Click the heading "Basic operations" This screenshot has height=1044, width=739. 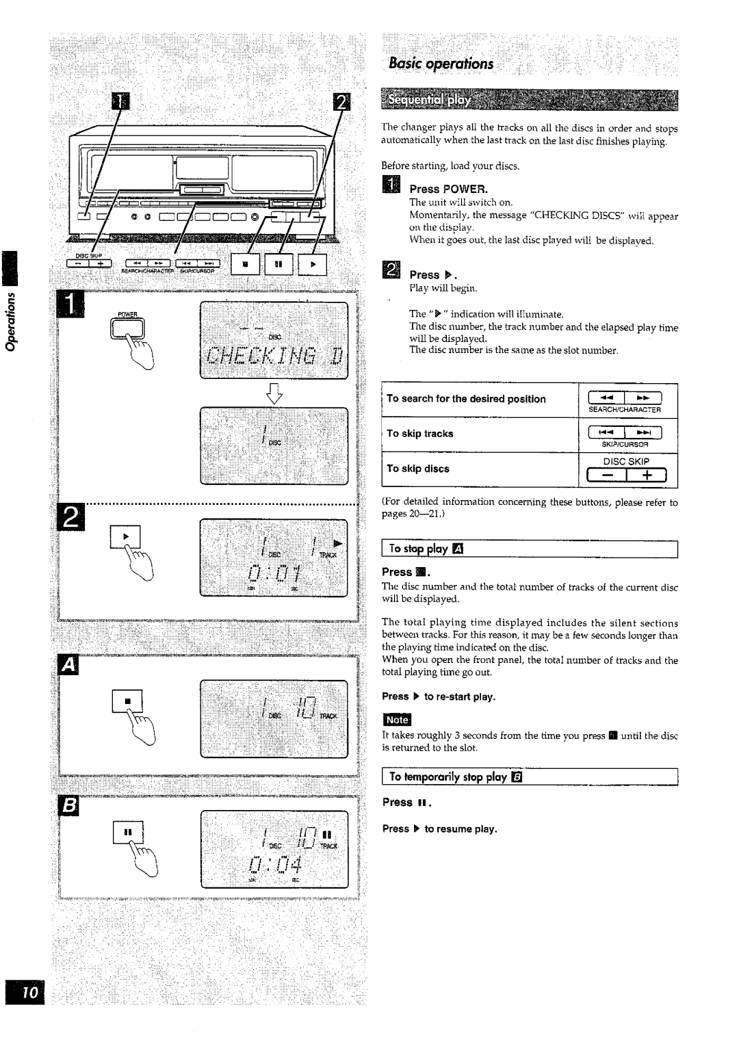(x=440, y=64)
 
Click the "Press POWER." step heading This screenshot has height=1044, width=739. (x=448, y=188)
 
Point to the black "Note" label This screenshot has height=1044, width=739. (x=397, y=720)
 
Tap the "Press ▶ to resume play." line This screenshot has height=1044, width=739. (x=439, y=828)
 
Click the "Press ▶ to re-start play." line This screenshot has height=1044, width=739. (x=439, y=696)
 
